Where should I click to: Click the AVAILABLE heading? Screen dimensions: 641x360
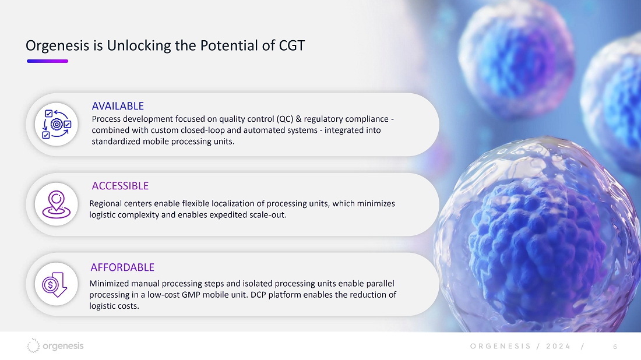(x=118, y=106)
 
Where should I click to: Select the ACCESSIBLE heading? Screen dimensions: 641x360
(x=120, y=186)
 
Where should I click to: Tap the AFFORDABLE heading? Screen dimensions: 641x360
(x=122, y=267)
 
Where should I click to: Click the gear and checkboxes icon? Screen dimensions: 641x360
(x=57, y=124)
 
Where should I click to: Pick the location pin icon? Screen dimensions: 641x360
(x=57, y=204)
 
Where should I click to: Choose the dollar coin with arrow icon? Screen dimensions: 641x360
(x=55, y=284)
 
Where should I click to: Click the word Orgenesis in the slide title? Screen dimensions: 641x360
(x=57, y=46)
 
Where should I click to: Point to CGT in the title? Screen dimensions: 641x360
(x=292, y=45)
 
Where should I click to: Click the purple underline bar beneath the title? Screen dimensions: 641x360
(x=47, y=61)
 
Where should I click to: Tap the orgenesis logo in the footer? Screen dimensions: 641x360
(x=55, y=345)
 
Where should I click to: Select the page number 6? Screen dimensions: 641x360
(x=615, y=347)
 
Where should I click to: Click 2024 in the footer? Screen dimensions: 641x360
(x=558, y=346)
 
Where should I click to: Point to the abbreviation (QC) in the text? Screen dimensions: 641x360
(x=285, y=119)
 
